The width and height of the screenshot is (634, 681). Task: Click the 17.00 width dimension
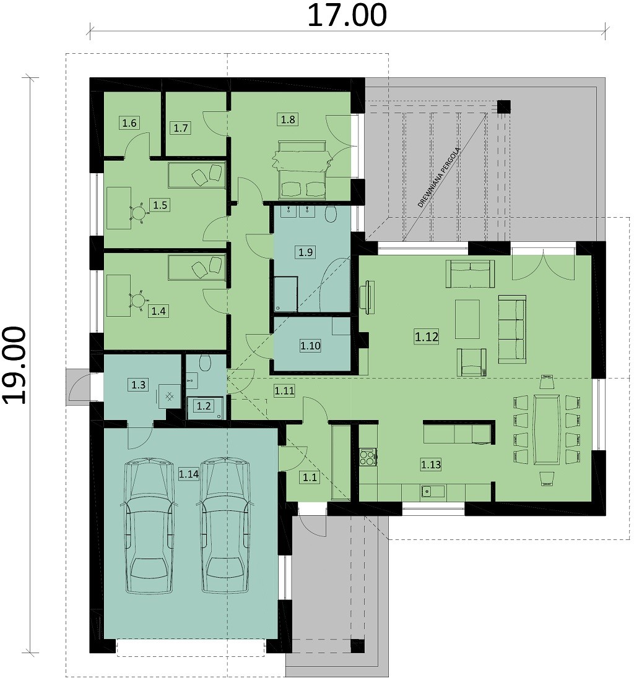pos(347,15)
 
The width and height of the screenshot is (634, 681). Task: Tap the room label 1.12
pos(426,336)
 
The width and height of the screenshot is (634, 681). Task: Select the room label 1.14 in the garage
pos(189,474)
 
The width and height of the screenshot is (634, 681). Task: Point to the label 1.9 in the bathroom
pos(306,252)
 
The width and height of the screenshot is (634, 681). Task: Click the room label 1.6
pos(129,123)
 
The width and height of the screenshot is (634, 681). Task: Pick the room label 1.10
pos(310,346)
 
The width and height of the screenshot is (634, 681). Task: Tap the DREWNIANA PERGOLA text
pos(439,178)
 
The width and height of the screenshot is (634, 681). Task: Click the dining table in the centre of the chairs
pos(547,429)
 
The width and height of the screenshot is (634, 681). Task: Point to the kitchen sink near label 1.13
pos(432,492)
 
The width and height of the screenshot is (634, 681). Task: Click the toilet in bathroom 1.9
pos(331,214)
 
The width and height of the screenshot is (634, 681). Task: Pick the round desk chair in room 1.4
pos(138,301)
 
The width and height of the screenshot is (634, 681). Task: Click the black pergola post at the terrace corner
pos(503,107)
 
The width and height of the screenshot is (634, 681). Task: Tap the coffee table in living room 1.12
pos(467,319)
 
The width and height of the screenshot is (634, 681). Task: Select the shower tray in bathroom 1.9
pos(285,294)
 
